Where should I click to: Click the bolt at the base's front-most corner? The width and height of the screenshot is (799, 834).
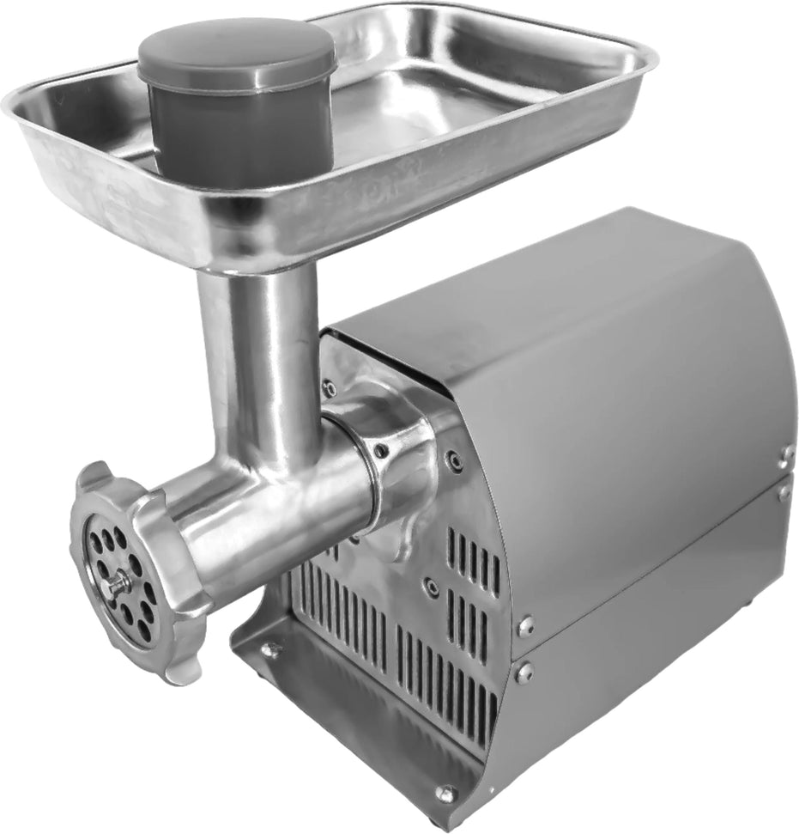click(445, 794)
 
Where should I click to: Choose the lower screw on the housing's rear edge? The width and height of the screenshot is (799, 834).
click(784, 492)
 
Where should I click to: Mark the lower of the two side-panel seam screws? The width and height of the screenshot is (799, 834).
click(524, 673)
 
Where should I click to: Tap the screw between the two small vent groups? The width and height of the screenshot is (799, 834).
click(431, 587)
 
